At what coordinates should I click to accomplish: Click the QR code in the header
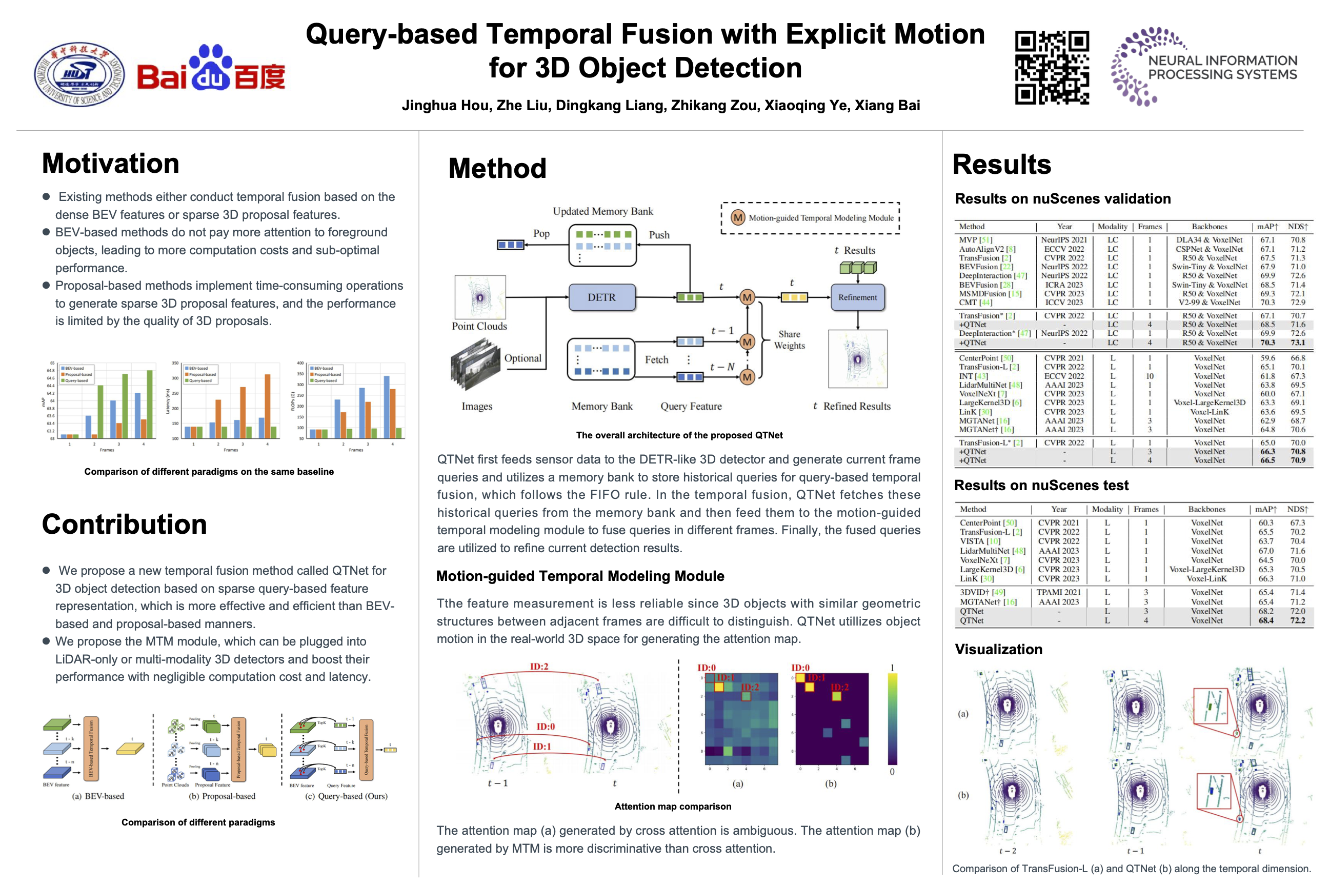click(x=1052, y=67)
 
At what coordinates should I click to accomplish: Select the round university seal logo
click(x=79, y=74)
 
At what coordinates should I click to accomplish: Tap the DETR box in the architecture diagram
click(x=601, y=297)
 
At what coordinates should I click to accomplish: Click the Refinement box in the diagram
click(x=857, y=297)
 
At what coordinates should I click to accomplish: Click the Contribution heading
click(x=124, y=524)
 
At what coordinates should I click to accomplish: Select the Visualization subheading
click(x=998, y=649)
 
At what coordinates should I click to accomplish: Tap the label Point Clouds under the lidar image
click(x=479, y=326)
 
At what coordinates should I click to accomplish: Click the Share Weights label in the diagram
click(x=790, y=339)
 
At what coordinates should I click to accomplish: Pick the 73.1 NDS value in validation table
click(x=1298, y=343)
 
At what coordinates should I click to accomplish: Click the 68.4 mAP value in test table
click(x=1266, y=620)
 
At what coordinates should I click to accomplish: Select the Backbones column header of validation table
click(x=1209, y=227)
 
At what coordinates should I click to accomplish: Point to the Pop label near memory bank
click(x=541, y=233)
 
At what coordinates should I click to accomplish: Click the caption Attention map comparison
click(x=672, y=807)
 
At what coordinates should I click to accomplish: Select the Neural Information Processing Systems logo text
click(x=1222, y=67)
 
